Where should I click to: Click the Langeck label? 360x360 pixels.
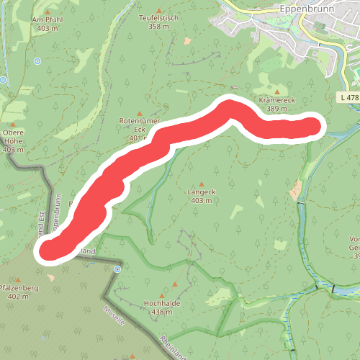point(202,192)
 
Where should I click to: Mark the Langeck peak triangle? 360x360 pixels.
point(202,183)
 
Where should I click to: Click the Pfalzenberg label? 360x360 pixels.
point(17,287)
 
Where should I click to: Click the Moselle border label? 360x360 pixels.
point(114,316)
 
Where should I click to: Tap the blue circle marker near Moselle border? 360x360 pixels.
point(116,269)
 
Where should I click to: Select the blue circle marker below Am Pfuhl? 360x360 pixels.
point(37,61)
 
